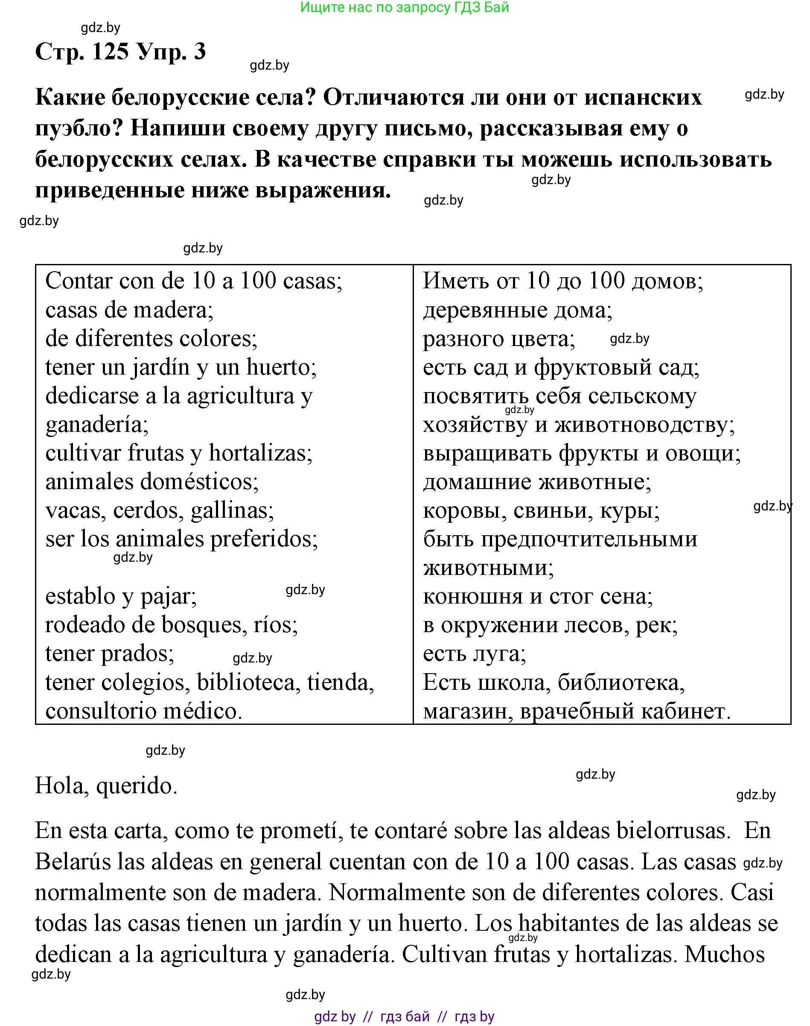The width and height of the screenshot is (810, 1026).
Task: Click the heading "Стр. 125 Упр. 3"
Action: point(120,51)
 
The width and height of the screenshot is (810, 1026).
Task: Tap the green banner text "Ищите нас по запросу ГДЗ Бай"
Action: point(405,7)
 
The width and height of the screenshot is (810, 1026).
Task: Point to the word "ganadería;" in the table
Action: point(97,424)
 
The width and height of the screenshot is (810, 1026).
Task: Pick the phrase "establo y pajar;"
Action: point(121,596)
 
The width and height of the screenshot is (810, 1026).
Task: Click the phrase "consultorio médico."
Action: point(144,711)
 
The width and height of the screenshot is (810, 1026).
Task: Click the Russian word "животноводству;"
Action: point(645,424)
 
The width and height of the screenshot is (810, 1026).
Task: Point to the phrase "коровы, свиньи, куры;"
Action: point(541,510)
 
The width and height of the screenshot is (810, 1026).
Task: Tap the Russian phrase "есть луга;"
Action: point(474,654)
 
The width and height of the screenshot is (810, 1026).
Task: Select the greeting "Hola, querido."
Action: point(106,786)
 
